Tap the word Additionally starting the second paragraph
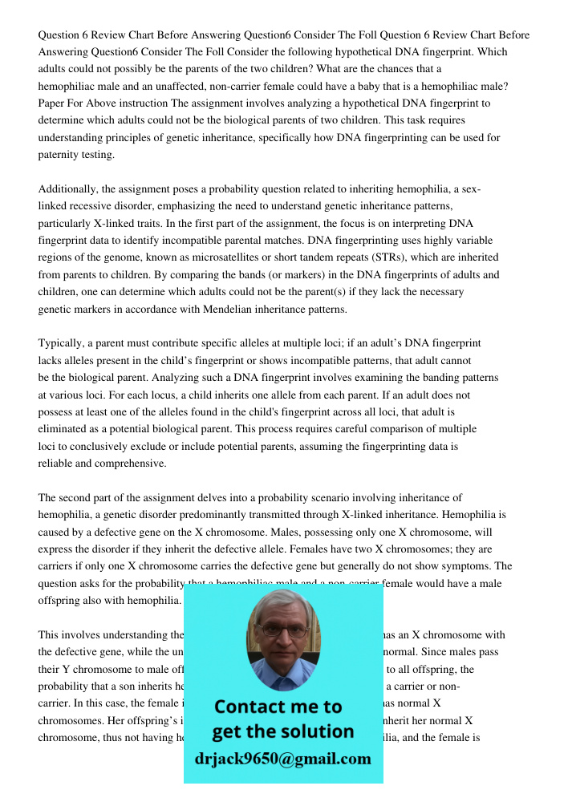[x=71, y=189]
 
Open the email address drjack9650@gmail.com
[x=283, y=759]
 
